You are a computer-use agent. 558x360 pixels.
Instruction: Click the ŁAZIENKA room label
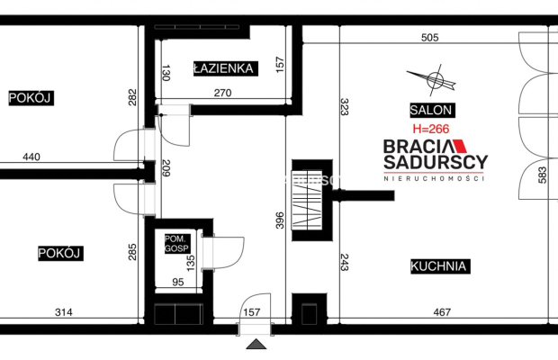click(225, 68)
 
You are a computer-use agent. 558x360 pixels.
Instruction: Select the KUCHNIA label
click(440, 266)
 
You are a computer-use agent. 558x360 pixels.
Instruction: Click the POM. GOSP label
click(177, 244)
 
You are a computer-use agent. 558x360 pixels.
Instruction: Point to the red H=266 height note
click(431, 129)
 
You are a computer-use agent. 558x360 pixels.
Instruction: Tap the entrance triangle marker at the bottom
click(256, 344)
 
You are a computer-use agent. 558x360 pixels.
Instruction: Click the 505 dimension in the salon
click(429, 38)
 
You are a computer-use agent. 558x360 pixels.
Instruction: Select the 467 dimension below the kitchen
click(442, 312)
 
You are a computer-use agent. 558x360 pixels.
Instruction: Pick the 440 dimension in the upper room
click(31, 157)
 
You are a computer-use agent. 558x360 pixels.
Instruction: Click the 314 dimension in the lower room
click(64, 312)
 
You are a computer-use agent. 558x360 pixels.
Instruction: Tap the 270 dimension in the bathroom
click(223, 93)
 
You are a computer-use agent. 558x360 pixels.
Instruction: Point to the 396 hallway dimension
click(280, 220)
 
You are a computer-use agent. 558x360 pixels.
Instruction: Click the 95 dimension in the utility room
click(178, 282)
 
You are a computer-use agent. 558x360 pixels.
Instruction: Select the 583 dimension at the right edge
click(542, 175)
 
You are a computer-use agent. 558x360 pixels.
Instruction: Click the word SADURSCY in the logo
click(436, 162)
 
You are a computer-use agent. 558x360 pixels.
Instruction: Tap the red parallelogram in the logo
click(460, 146)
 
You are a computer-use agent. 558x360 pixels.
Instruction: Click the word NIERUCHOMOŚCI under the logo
click(434, 178)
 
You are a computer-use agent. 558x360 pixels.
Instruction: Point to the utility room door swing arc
click(230, 253)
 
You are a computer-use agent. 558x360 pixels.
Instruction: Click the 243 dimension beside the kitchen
click(344, 262)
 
